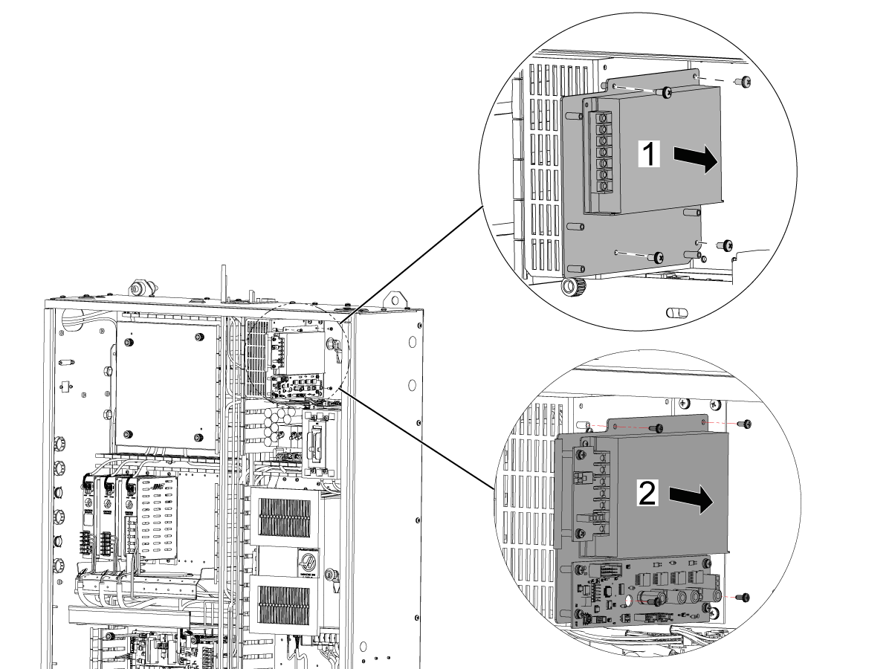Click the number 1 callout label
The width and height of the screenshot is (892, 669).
pyautogui.click(x=649, y=155)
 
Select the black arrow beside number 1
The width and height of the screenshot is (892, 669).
pyautogui.click(x=697, y=158)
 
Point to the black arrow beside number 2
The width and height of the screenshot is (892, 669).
pyautogui.click(x=691, y=499)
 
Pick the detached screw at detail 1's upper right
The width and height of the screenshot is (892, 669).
pyautogui.click(x=742, y=82)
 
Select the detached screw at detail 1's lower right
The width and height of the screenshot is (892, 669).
pyautogui.click(x=726, y=244)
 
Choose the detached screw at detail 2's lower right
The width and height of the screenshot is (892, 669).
pyautogui.click(x=744, y=597)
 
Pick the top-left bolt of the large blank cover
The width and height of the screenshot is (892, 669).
pyautogui.click(x=129, y=343)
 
